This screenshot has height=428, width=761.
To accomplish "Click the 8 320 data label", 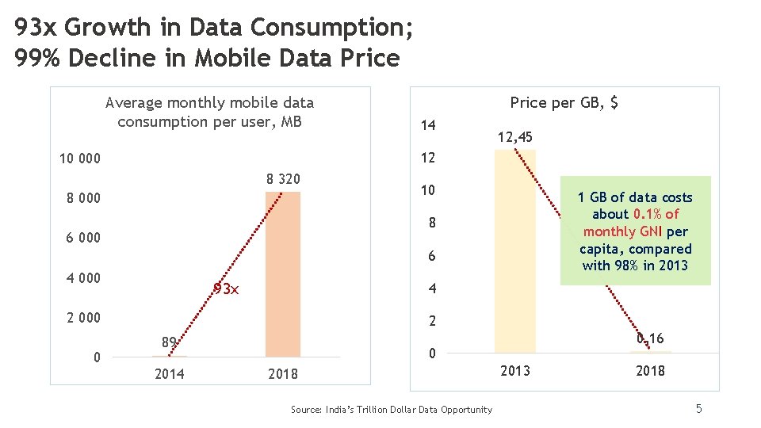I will [283, 179].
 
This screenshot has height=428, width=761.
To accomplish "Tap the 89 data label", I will [168, 342].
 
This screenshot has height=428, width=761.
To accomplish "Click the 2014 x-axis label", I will [169, 374].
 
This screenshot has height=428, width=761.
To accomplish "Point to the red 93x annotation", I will [226, 289].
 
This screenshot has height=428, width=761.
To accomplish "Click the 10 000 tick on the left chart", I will [80, 159].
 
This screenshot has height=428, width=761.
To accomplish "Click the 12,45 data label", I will [514, 138].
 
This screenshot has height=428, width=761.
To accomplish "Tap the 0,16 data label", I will [650, 339].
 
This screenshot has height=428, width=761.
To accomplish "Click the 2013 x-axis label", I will [514, 371].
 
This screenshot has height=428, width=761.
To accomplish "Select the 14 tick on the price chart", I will [428, 125].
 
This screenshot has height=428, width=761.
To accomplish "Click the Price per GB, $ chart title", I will [564, 102].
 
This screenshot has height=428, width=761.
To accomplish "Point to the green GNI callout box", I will [635, 231].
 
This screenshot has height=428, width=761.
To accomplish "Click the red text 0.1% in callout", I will [647, 214].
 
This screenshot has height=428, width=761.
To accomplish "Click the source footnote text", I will [391, 409].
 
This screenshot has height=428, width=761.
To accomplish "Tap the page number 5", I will [698, 408].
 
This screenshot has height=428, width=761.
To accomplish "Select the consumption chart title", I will [209, 112].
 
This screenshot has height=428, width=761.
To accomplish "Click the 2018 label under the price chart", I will [650, 371].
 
